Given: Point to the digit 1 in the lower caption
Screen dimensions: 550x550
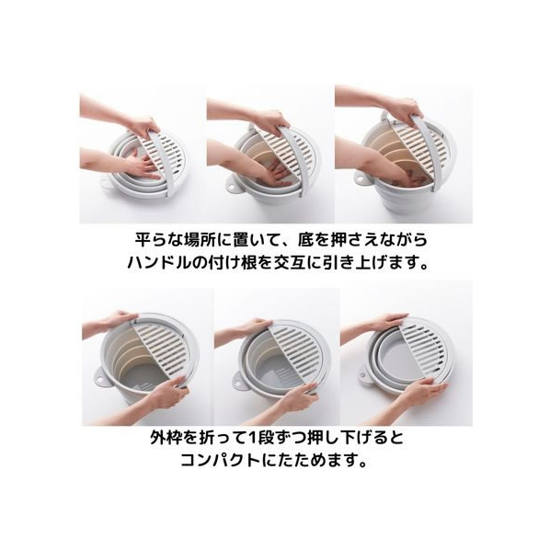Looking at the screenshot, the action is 252,438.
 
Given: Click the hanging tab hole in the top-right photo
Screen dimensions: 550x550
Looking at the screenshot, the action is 361,178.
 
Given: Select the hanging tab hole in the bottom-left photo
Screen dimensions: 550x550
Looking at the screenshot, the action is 100,379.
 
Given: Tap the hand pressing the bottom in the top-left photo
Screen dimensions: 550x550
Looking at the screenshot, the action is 142,167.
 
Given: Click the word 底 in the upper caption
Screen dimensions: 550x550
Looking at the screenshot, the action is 305,240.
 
